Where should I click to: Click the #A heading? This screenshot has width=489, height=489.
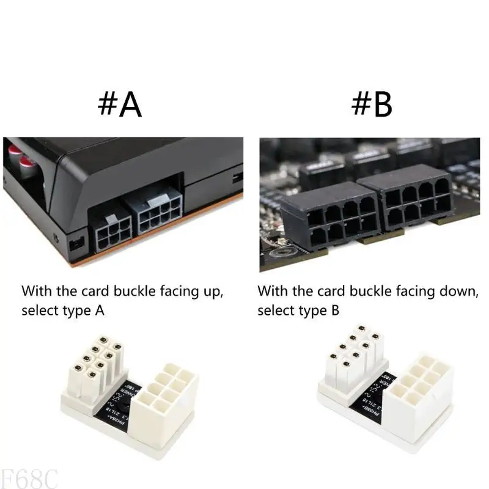(120, 105)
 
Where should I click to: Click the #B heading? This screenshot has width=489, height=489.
(371, 105)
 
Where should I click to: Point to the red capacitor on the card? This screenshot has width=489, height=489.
(26, 160)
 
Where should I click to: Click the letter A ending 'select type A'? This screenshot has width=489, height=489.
(100, 311)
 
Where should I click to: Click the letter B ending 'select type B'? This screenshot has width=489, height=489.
(335, 311)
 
